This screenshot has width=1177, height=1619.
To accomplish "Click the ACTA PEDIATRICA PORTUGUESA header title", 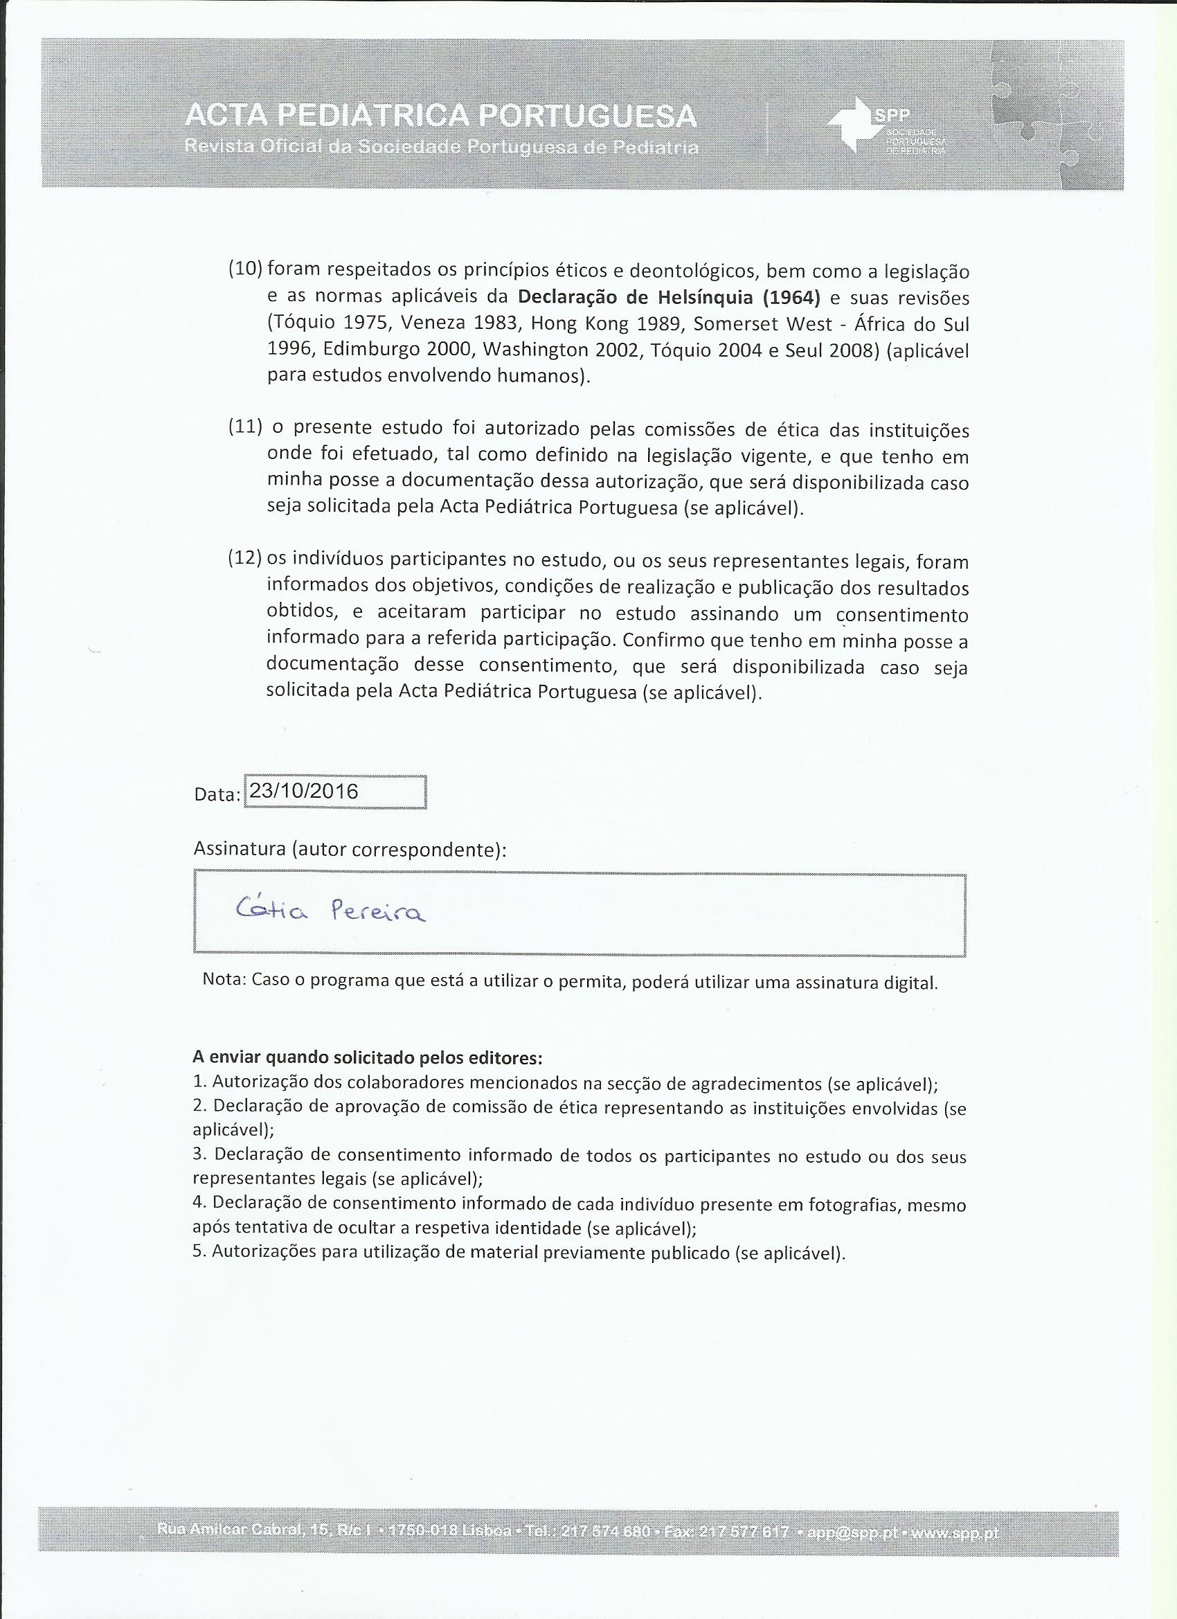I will click(440, 115).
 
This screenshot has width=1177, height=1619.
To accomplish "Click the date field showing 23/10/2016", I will click(335, 791).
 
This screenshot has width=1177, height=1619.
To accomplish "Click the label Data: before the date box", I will click(216, 795).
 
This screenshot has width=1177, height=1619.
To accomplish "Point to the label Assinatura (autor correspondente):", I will click(350, 850).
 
